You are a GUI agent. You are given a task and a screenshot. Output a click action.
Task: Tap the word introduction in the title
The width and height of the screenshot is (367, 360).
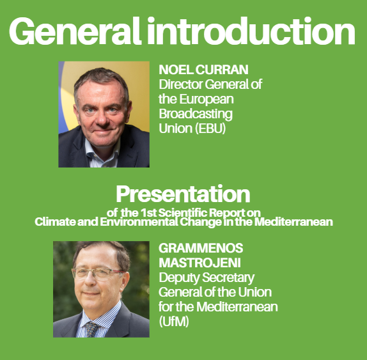[x=251, y=31]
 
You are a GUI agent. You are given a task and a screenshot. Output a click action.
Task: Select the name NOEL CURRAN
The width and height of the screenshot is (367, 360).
[x=203, y=70]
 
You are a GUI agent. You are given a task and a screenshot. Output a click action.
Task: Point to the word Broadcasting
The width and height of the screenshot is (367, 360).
[x=196, y=114]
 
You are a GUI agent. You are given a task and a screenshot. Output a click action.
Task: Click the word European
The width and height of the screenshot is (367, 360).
[x=207, y=100]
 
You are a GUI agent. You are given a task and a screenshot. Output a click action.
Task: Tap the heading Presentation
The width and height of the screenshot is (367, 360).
[x=183, y=194]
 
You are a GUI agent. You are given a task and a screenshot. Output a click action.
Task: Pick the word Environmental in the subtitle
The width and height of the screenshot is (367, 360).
[x=139, y=221]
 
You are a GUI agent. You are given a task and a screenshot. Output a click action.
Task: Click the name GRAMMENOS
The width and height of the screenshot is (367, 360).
[x=201, y=248]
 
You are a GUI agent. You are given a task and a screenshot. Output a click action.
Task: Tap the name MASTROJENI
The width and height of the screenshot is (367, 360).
[x=199, y=263]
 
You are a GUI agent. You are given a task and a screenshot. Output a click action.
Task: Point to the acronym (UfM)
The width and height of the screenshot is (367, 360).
[x=174, y=322]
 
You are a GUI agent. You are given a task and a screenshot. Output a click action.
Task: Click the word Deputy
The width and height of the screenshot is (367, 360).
[x=179, y=278]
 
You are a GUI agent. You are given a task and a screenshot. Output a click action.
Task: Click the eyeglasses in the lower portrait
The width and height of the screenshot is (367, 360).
[x=98, y=274]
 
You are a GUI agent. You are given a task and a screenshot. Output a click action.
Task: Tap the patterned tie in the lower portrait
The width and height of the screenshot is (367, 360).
[x=91, y=329]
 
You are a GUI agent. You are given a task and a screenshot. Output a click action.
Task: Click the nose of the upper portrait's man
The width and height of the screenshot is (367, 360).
[x=102, y=118]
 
